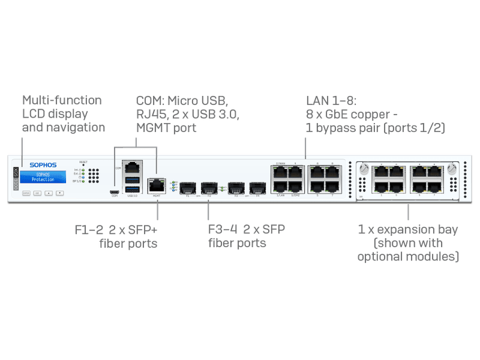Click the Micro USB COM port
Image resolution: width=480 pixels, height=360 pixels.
[114, 193]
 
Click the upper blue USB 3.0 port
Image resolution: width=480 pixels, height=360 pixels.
[131, 181]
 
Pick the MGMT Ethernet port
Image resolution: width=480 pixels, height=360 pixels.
[157, 185]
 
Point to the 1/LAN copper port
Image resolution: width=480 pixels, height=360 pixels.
[279, 187]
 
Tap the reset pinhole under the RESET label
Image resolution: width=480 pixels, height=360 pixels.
[83, 166]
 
